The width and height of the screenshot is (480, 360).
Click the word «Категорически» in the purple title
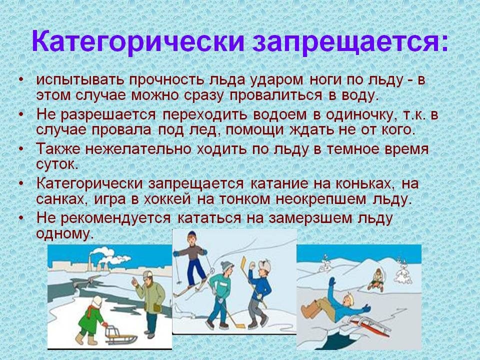(138, 41)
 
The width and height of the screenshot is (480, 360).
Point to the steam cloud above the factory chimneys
(108, 255)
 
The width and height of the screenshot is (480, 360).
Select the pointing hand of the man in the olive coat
(134, 281)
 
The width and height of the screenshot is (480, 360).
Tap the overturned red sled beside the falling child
(370, 325)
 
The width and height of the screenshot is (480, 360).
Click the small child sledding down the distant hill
(376, 279)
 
